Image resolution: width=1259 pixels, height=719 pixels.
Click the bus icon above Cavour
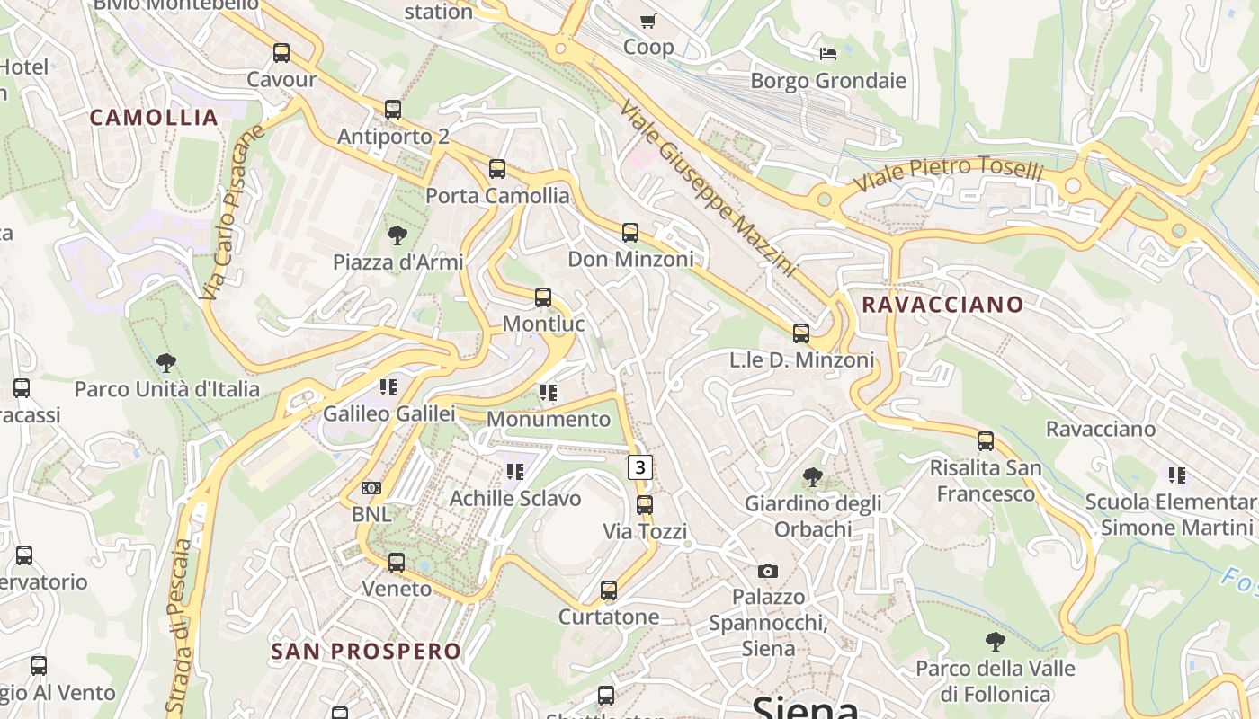(x=281, y=53)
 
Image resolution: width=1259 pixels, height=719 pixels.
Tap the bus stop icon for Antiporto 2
(x=393, y=110)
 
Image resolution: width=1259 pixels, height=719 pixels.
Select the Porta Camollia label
(x=497, y=195)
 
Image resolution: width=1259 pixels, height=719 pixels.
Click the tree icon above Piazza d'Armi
(x=397, y=236)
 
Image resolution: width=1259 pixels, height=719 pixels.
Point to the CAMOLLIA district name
(x=154, y=117)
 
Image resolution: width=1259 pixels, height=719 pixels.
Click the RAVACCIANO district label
(x=942, y=304)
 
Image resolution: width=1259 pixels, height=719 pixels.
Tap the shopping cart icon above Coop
(x=647, y=21)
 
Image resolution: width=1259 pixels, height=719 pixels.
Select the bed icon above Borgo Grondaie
(x=828, y=54)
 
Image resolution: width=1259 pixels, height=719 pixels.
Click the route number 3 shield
(x=639, y=466)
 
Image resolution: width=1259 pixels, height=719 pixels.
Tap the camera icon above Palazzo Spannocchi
(x=767, y=571)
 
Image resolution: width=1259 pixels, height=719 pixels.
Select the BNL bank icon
(x=371, y=488)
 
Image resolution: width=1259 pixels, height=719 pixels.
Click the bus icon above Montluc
(x=543, y=297)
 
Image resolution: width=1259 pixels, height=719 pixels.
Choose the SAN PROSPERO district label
(x=366, y=651)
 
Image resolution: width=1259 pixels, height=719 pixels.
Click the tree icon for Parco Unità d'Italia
(x=165, y=363)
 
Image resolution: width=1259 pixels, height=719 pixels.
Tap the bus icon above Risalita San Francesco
(x=986, y=441)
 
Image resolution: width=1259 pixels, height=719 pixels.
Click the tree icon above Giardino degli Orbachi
(x=813, y=477)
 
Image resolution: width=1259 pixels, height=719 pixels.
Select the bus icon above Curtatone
(x=609, y=590)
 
